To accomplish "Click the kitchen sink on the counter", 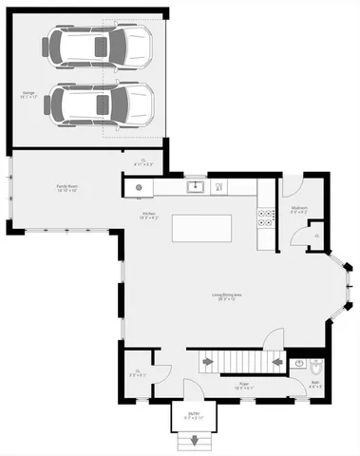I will [197, 186].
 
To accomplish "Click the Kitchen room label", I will [150, 217].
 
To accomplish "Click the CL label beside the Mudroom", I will [317, 233].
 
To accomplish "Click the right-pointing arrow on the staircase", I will [208, 361].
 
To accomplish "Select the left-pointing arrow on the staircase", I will [276, 361].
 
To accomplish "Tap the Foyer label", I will [243, 386].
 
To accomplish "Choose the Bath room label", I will [315, 385].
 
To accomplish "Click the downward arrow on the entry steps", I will [196, 442].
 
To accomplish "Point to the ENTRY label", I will [194, 414].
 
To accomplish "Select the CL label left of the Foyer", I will [139, 372].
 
